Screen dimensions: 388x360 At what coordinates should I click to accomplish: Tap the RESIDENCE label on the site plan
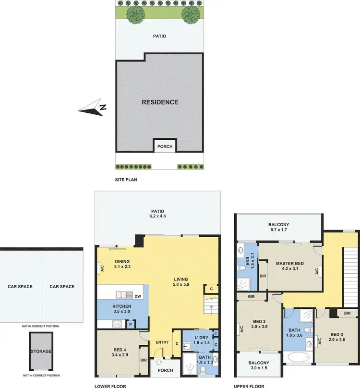click(160, 102)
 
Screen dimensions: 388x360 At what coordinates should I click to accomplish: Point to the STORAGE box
click(41, 352)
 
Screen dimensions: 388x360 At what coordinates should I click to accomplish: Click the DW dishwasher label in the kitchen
click(137, 296)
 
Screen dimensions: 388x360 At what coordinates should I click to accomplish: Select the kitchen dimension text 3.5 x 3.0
click(122, 312)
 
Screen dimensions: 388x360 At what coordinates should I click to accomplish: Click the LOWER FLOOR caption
click(110, 386)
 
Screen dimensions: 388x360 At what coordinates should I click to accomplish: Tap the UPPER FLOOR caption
click(249, 386)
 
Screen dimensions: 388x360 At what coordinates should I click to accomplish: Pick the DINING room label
click(123, 261)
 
